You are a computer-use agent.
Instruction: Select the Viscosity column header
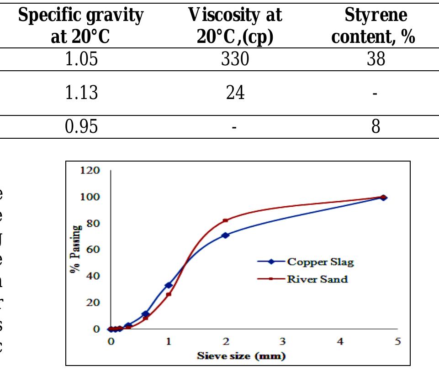[235, 26]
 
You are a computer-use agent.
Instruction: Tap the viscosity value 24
[235, 94]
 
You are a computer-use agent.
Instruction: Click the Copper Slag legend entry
[320, 262]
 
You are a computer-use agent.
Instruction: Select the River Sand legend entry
[317, 279]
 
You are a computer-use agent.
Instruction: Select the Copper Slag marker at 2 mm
[225, 235]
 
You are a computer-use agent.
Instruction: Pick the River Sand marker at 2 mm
[225, 220]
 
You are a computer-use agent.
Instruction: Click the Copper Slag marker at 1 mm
[168, 285]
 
